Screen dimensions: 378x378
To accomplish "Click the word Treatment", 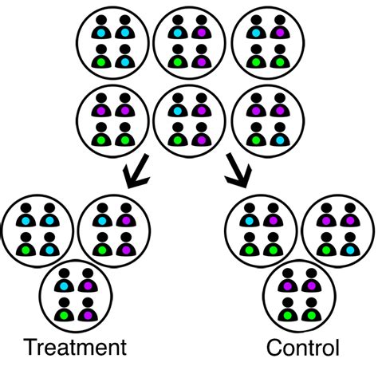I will click(x=75, y=348).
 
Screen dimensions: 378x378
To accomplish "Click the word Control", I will click(x=303, y=348).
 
